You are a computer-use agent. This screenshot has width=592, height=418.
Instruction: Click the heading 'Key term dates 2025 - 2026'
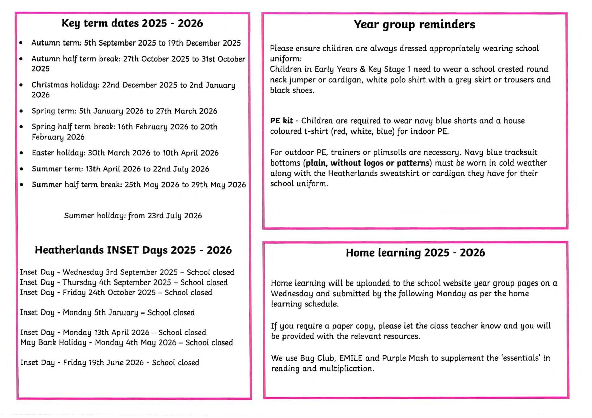pyautogui.click(x=132, y=23)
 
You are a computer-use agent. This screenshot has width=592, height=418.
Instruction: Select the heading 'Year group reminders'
pyautogui.click(x=414, y=24)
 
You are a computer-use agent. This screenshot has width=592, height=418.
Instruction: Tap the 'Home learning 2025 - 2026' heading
pyautogui.click(x=415, y=252)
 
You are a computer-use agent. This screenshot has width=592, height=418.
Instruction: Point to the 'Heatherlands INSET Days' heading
pyautogui.click(x=133, y=250)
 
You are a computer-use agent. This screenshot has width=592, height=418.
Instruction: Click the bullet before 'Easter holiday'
pyautogui.click(x=22, y=153)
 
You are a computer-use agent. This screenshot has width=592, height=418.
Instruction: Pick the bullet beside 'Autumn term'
pyautogui.click(x=21, y=43)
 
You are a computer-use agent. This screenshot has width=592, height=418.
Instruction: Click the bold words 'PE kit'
pyautogui.click(x=281, y=121)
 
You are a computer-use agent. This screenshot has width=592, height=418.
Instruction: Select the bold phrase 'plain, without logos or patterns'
pyautogui.click(x=368, y=163)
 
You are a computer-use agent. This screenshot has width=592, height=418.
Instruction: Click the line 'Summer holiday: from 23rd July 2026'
pyautogui.click(x=133, y=216)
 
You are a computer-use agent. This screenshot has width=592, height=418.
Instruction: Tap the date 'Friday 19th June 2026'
pyautogui.click(x=103, y=363)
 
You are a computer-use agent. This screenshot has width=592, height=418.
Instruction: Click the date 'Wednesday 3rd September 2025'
pyautogui.click(x=120, y=272)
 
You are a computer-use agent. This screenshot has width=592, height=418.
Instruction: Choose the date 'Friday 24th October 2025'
pyautogui.click(x=109, y=292)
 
